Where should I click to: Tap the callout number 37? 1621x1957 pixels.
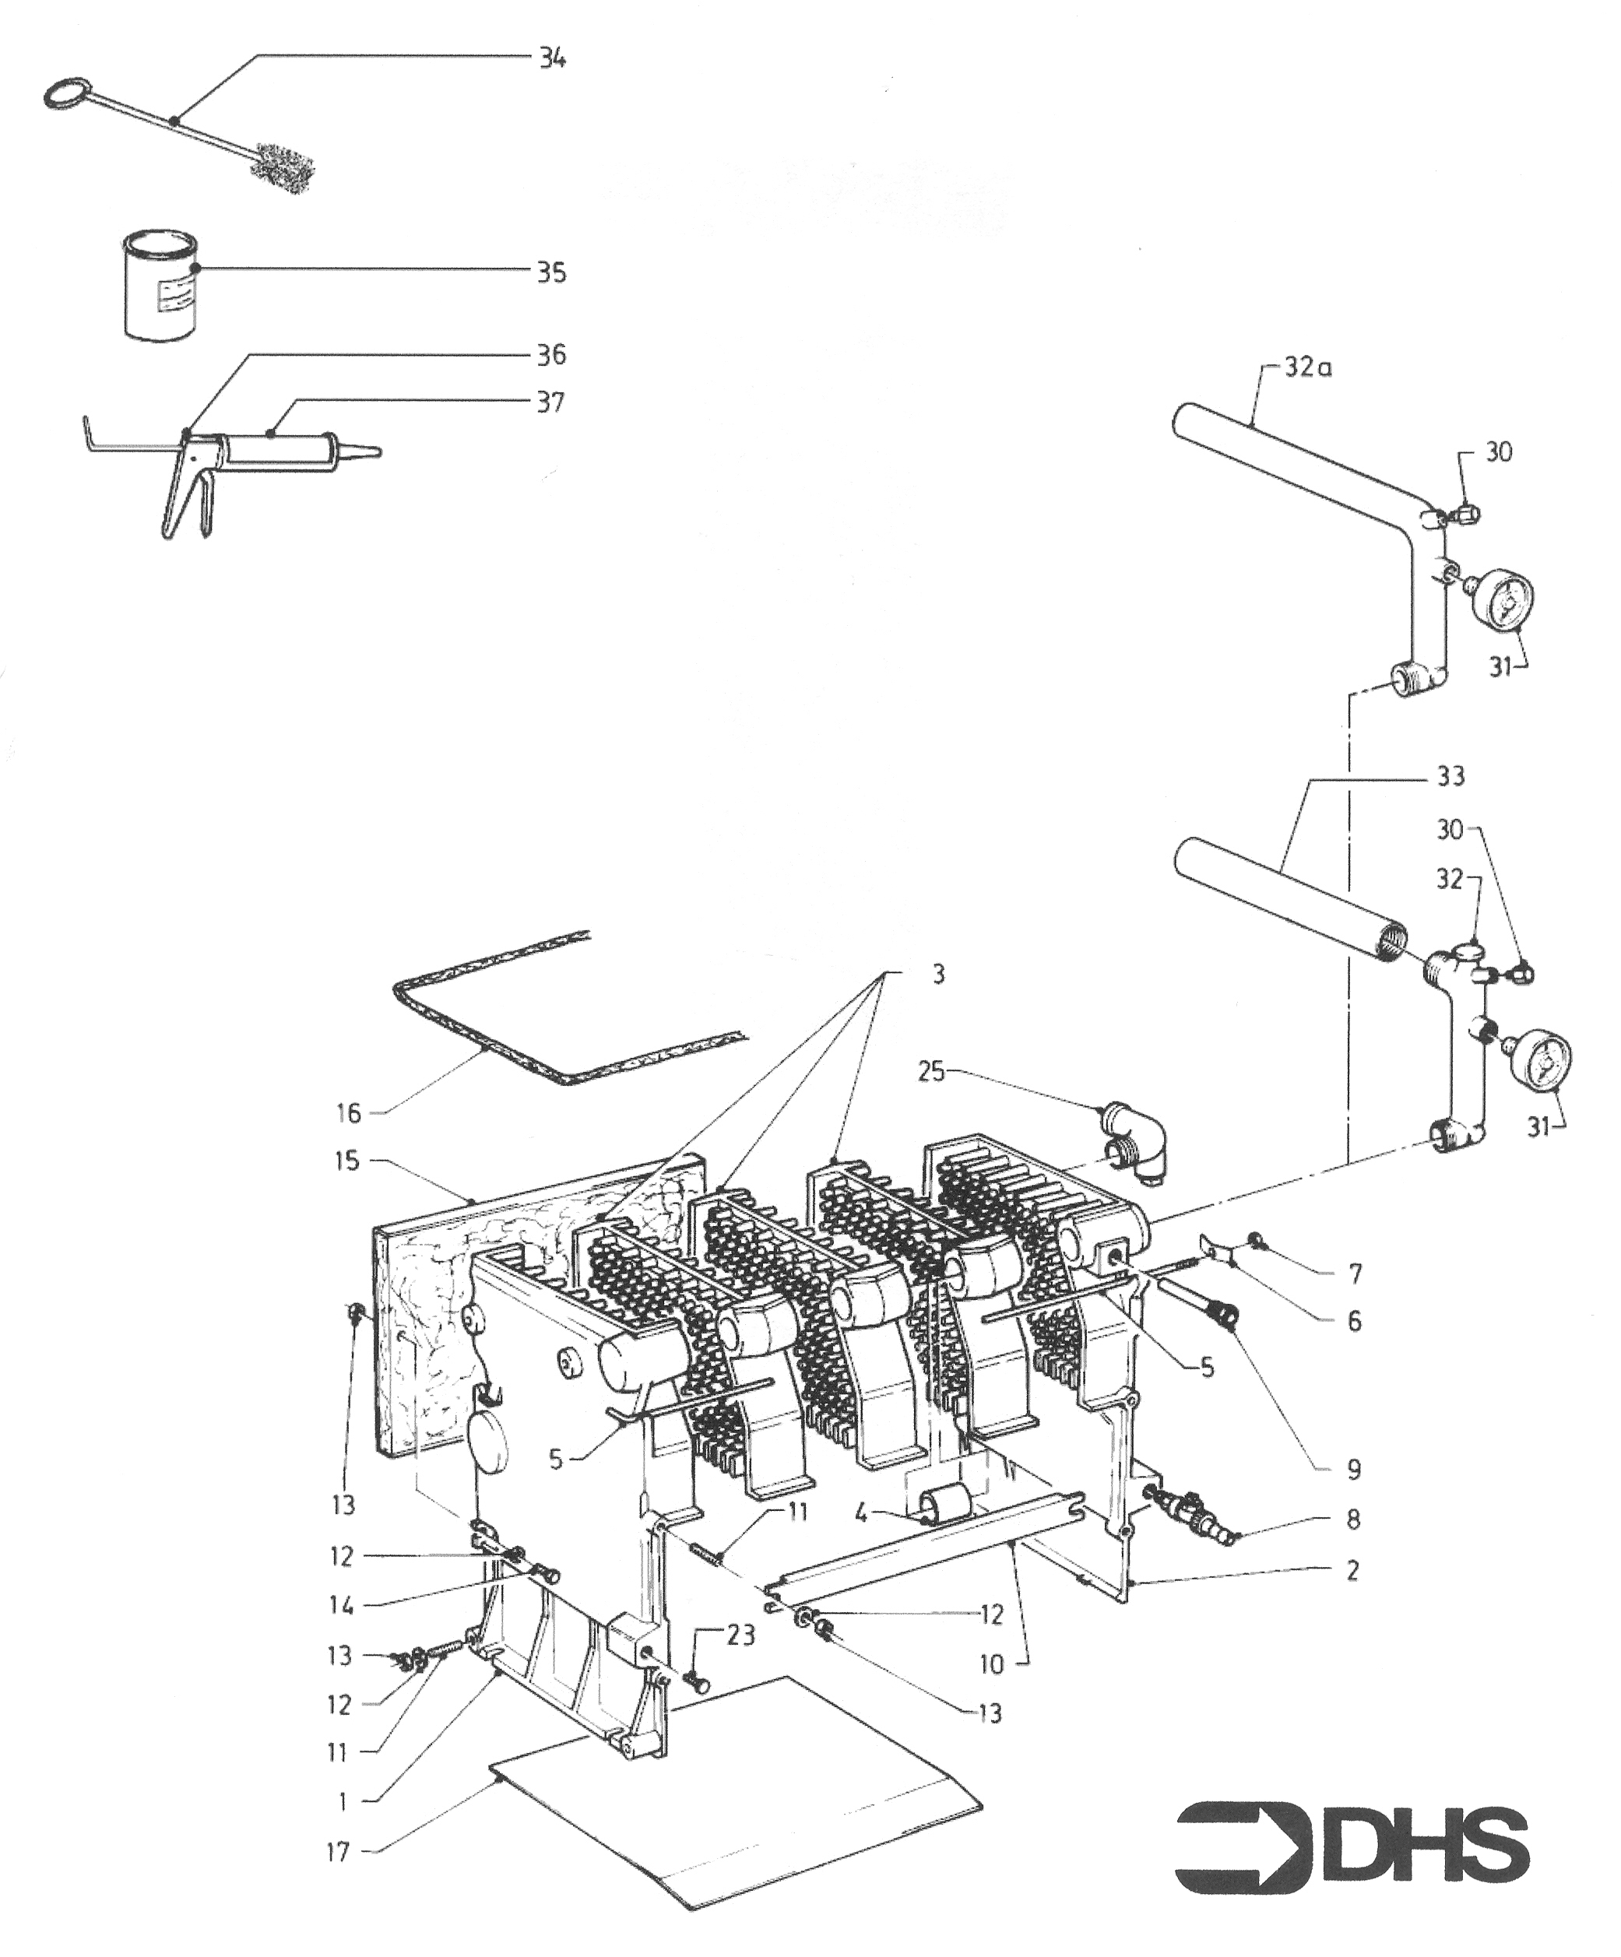click(x=550, y=402)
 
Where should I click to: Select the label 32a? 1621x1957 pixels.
click(x=1307, y=368)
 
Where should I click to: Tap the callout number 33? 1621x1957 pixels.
click(x=1450, y=776)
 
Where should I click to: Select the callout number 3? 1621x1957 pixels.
click(x=937, y=975)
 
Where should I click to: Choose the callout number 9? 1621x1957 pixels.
click(x=1353, y=1470)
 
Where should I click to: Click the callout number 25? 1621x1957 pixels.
click(x=930, y=1072)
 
